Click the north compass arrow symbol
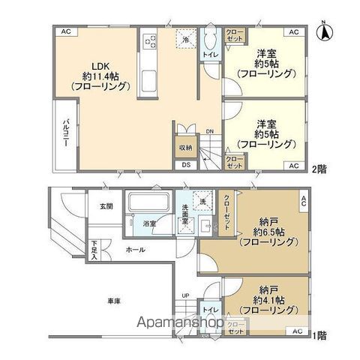328,32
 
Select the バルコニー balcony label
66,134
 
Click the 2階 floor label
320,169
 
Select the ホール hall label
135,250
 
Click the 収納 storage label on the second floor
184,147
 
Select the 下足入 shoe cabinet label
95,250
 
